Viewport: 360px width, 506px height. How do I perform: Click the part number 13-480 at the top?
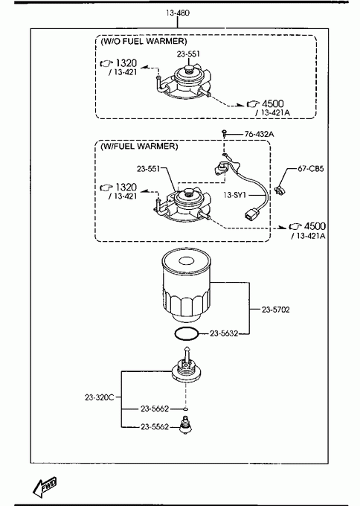pos(178,13)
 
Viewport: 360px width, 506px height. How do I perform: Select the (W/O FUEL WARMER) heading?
pos(144,42)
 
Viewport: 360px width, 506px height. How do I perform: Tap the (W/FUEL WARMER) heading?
pos(139,146)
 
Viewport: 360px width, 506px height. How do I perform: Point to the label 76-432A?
pos(259,134)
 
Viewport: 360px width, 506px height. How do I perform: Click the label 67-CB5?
pos(311,168)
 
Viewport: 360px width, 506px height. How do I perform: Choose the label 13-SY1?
pos(235,195)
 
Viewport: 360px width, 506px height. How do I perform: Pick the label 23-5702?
pos(275,310)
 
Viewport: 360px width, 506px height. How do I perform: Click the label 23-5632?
pos(224,333)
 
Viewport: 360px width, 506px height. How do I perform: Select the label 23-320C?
pos(100,397)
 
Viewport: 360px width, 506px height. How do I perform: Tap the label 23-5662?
pos(155,409)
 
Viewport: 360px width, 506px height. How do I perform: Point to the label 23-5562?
pos(155,427)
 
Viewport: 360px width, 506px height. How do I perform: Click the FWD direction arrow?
pos(45,487)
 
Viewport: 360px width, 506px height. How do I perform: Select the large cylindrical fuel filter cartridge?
pos(186,285)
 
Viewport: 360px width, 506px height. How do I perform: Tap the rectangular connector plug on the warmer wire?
pos(251,214)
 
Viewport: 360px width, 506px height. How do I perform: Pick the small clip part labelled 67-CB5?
pos(278,190)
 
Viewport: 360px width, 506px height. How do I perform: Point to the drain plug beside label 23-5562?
pos(185,426)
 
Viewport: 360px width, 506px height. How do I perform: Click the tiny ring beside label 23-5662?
pos(185,409)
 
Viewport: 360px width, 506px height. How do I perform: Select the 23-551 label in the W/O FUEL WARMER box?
pos(188,54)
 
